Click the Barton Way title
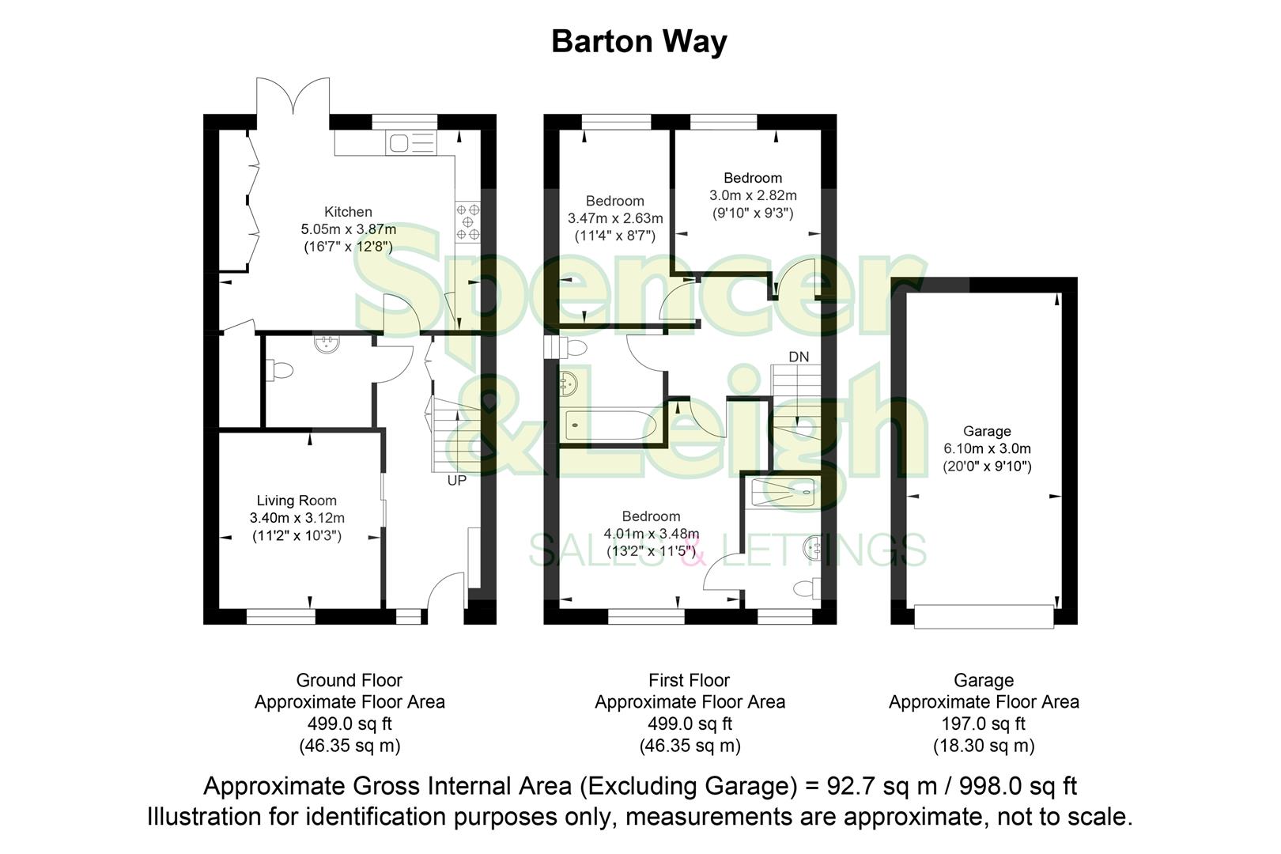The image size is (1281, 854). [x=639, y=41]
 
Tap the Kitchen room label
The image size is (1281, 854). [x=348, y=212]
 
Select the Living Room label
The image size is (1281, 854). [x=297, y=501]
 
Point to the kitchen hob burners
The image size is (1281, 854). [x=467, y=221]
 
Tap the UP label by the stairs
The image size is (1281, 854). [x=457, y=480]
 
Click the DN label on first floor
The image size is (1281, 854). [x=799, y=357]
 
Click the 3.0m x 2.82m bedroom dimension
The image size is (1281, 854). [x=753, y=195]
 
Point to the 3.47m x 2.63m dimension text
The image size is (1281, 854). [x=615, y=218]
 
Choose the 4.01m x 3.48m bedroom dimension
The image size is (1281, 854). [x=651, y=534]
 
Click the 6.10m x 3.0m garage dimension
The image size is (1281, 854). [x=987, y=448]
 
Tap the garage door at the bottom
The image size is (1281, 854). [x=984, y=616]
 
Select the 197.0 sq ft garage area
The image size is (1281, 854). [x=984, y=724]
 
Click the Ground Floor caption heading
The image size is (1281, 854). [x=349, y=680]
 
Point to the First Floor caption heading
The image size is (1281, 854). [x=689, y=680]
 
